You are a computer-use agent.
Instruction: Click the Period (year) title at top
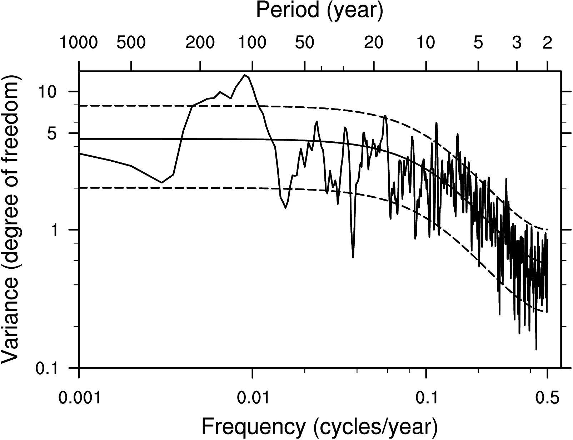[x=319, y=10]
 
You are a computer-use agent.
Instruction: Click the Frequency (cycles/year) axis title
[x=319, y=426]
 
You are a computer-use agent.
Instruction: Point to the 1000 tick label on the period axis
[x=78, y=43]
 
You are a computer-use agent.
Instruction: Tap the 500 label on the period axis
[x=131, y=43]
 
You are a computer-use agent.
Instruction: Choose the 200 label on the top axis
[x=200, y=43]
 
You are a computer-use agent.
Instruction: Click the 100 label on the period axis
[x=252, y=43]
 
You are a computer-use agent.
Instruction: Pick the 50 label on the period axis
[x=304, y=43]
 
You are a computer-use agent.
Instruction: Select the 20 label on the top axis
[x=374, y=43]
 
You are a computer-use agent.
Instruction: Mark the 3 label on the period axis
[x=517, y=43]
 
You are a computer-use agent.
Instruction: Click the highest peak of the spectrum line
[x=245, y=75]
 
